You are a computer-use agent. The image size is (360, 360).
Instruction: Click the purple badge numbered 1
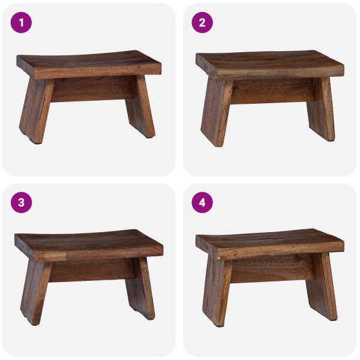pos(22,23)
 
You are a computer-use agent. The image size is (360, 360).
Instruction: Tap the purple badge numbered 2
pos(202,23)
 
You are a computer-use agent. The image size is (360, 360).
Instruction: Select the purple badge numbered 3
pos(22,202)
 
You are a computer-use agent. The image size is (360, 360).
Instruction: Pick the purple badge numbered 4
pos(202,202)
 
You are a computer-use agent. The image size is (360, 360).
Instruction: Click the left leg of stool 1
pos(35,111)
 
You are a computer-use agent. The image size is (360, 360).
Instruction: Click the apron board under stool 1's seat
pos(90,89)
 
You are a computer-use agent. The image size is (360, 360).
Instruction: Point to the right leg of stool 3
pos(140,287)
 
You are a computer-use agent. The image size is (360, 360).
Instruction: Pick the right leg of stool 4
pos(322,287)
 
